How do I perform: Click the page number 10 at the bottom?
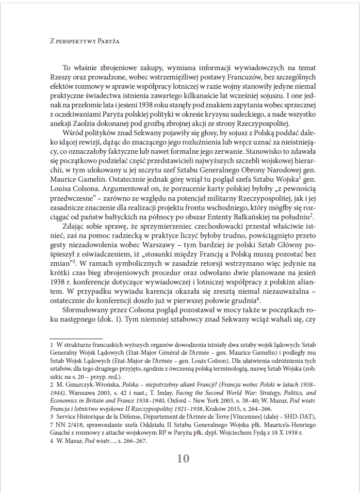(183, 458)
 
